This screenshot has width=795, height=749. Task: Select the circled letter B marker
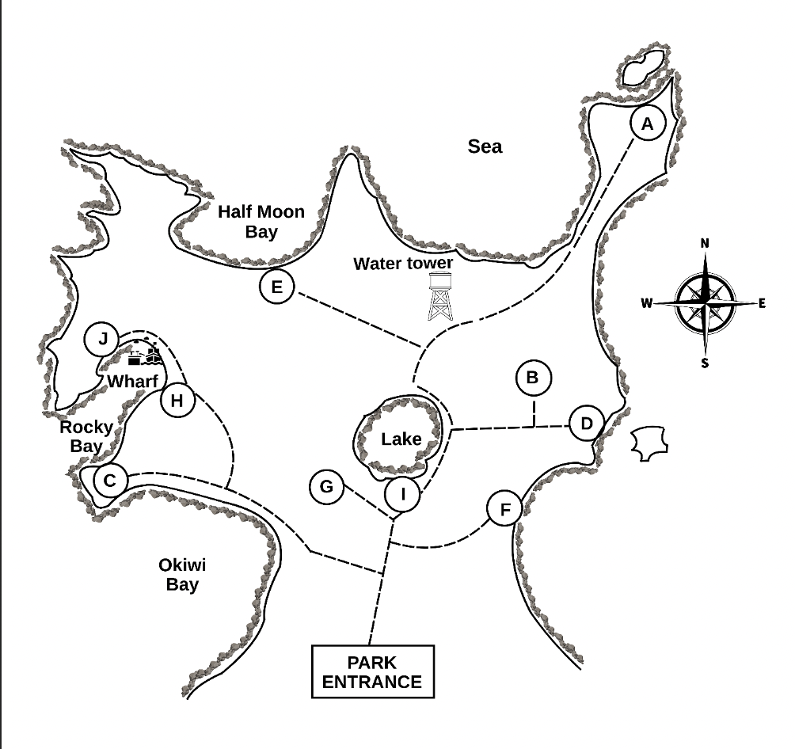pyautogui.click(x=532, y=378)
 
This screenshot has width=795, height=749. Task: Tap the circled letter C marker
pyautogui.click(x=110, y=480)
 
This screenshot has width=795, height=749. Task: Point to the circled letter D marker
pyautogui.click(x=586, y=423)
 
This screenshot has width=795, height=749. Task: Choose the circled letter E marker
pyautogui.click(x=276, y=287)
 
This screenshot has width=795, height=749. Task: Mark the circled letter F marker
pyautogui.click(x=504, y=509)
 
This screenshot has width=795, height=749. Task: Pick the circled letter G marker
pyautogui.click(x=326, y=486)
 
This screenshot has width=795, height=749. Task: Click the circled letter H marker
pyautogui.click(x=177, y=401)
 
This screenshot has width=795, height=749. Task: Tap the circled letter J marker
pyautogui.click(x=102, y=340)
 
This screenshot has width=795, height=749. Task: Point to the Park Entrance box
pyautogui.click(x=372, y=671)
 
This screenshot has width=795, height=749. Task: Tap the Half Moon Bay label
pyautogui.click(x=261, y=222)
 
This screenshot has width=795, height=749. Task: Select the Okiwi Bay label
pyautogui.click(x=183, y=576)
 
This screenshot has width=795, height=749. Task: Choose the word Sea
pyautogui.click(x=485, y=146)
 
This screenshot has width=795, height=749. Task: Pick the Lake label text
pyautogui.click(x=401, y=439)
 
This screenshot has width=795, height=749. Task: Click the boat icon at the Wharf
pyautogui.click(x=145, y=354)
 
